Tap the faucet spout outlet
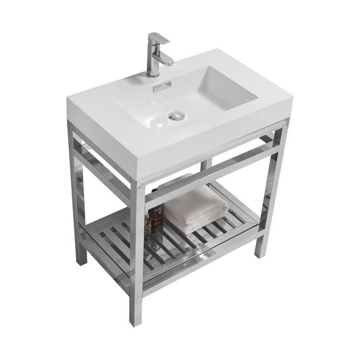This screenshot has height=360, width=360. tap(165, 63)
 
